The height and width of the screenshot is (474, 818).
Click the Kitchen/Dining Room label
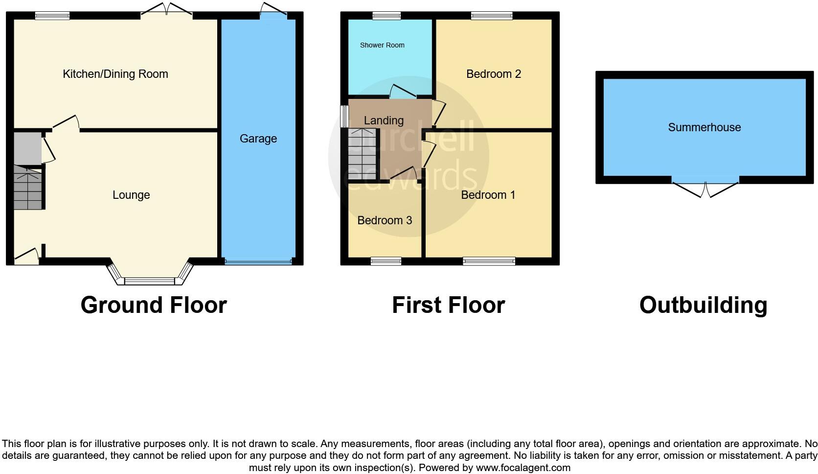coord(115,74)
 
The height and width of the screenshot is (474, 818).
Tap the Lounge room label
coord(131,195)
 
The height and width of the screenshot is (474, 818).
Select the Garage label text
coord(258,139)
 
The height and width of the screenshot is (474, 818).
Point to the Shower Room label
coord(382,45)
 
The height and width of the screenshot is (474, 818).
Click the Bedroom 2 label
coord(494,74)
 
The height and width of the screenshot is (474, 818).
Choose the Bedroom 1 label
coord(488,195)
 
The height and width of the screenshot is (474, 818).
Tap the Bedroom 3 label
coord(385,220)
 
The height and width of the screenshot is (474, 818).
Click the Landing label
coord(384,120)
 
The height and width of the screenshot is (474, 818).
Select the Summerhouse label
coord(704,127)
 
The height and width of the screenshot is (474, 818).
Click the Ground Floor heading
coord(154,305)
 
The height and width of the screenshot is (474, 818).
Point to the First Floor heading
coord(448,305)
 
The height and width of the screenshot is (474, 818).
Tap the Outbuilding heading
coord(703,305)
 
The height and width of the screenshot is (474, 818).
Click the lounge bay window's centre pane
coord(150,281)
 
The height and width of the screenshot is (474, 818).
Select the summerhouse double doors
coord(705,189)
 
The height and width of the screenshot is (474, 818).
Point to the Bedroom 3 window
coord(386,261)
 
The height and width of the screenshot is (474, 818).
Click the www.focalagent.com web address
coord(523,468)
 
